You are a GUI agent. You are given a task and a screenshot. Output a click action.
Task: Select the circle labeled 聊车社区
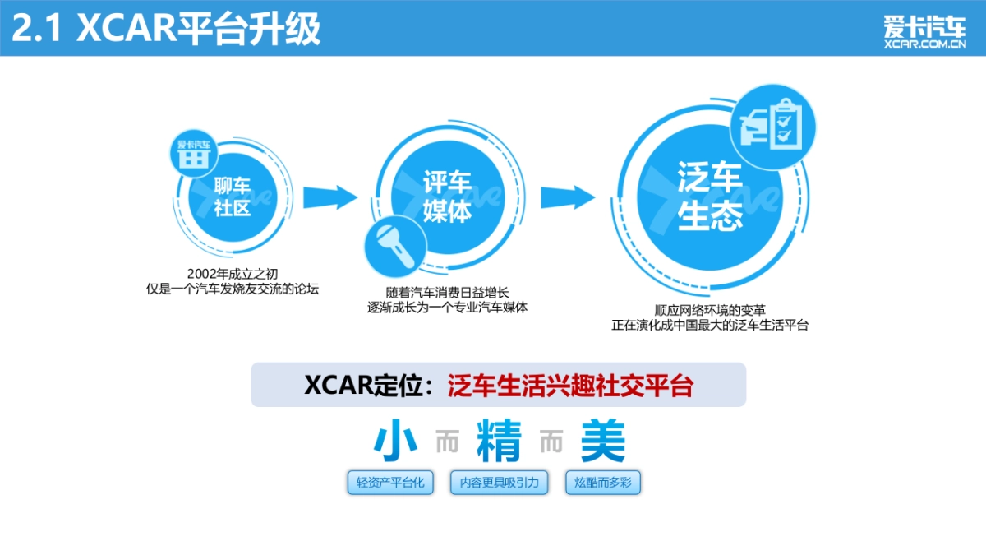232,197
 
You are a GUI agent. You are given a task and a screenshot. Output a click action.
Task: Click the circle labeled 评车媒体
447,198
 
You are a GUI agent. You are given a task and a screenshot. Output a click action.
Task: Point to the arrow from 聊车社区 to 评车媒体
329,197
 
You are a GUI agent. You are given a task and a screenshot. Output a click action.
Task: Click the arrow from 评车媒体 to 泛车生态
567,197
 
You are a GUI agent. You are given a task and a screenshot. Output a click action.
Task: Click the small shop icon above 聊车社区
193,153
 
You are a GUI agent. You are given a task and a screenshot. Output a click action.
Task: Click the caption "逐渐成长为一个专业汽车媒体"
447,308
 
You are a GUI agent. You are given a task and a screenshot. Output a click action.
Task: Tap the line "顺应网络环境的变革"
710,310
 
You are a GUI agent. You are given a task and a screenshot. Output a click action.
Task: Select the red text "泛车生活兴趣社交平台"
570,386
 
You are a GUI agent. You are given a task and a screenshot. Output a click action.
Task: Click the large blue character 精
499,442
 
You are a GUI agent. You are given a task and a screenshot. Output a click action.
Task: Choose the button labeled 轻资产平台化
390,483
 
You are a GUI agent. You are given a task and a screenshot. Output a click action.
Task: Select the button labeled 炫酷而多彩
602,483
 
